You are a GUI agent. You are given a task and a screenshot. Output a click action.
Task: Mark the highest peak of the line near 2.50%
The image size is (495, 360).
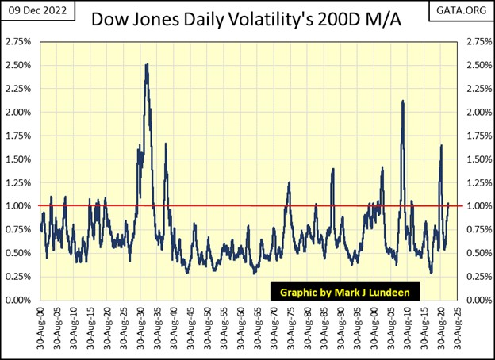(x=148, y=64)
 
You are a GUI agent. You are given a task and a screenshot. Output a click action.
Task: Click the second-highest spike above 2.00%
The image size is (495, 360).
(x=404, y=101)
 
